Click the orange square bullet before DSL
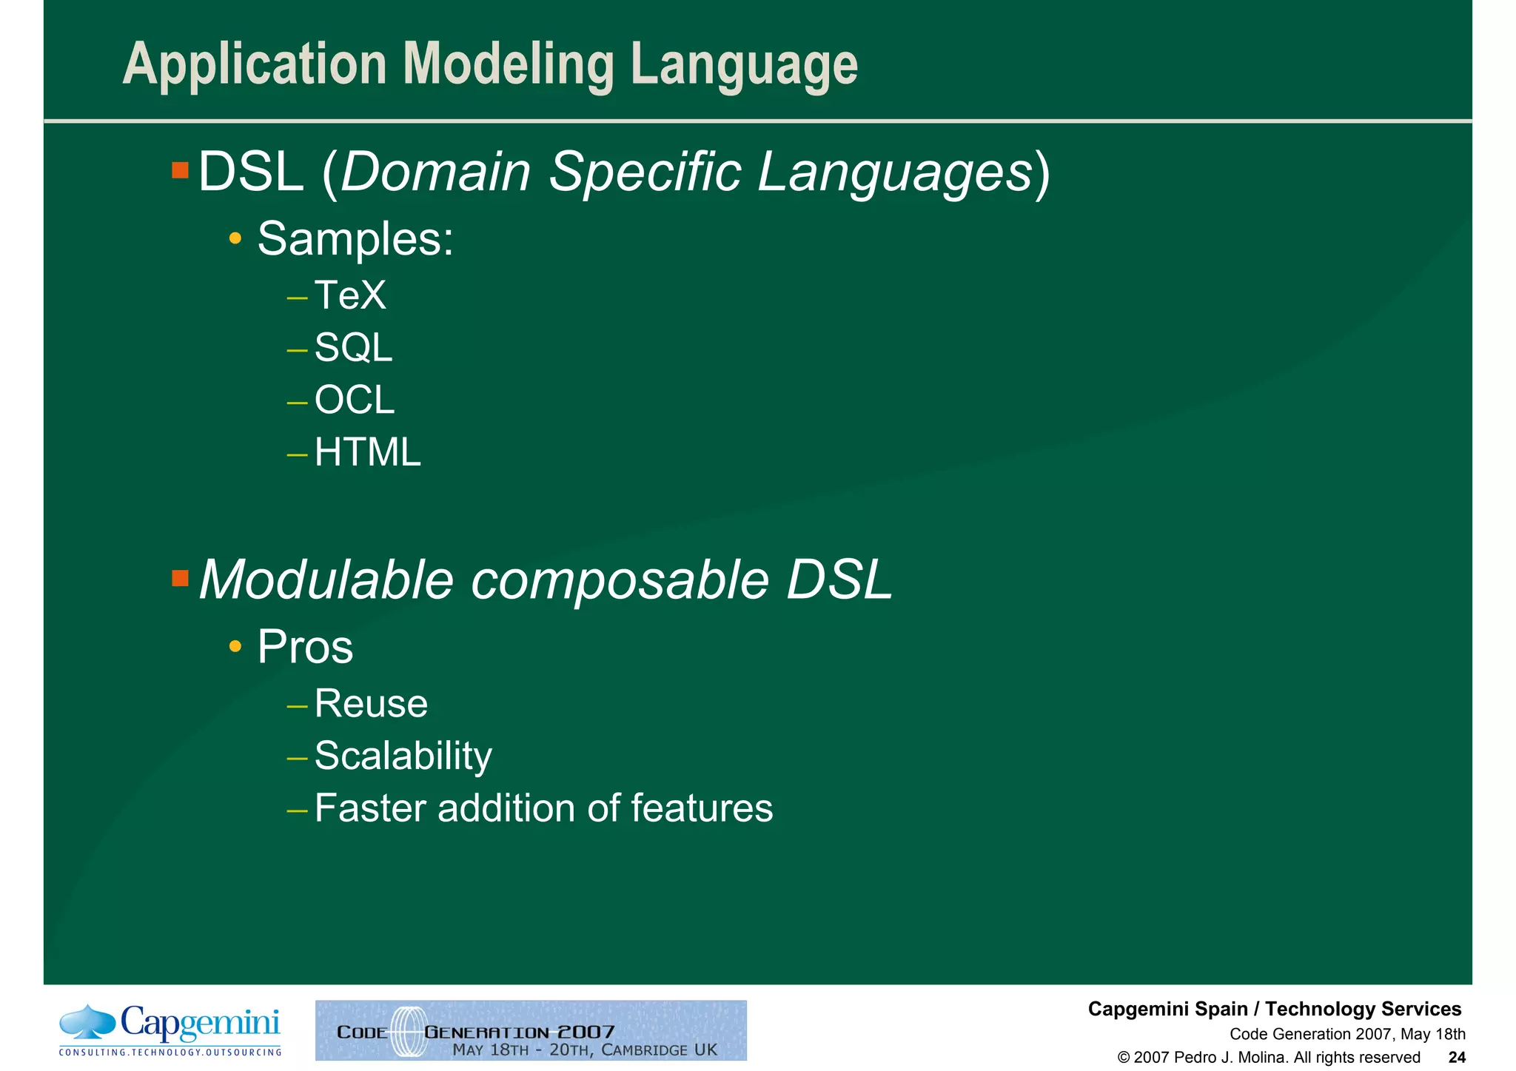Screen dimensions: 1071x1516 coord(180,171)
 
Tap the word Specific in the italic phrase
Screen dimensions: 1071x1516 coord(645,172)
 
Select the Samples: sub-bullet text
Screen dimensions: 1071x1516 coord(355,239)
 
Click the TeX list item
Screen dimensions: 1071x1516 coord(349,295)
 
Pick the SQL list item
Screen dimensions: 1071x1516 coord(353,347)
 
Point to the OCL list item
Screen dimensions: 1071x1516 coord(354,400)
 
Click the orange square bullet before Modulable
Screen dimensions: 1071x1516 coord(180,578)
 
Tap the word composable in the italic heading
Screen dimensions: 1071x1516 coord(620,580)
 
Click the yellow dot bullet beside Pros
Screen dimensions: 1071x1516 coord(235,647)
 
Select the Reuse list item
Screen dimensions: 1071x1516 coord(371,703)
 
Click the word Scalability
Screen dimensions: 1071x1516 coord(403,756)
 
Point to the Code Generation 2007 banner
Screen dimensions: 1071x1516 coord(531,1030)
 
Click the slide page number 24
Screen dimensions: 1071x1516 coord(1456,1057)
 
